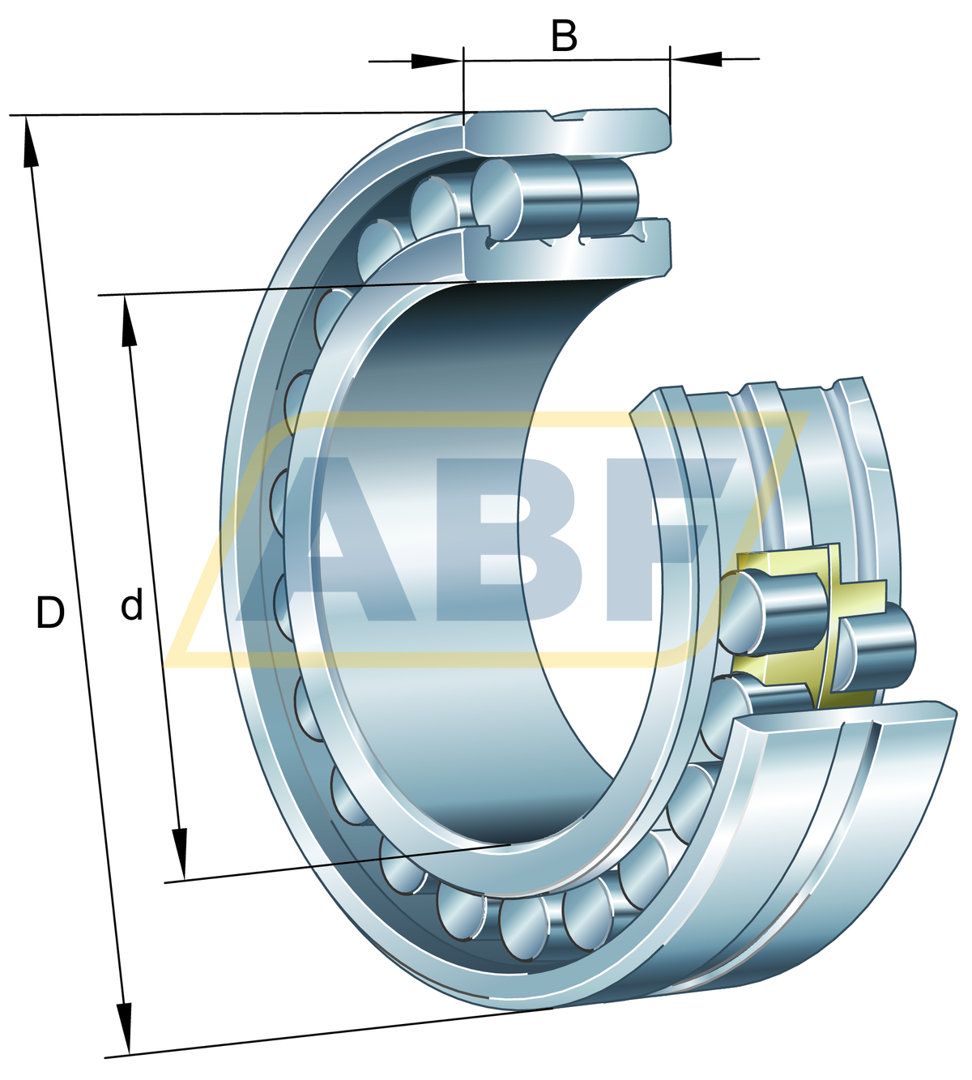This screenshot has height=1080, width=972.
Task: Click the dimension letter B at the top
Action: coord(564,36)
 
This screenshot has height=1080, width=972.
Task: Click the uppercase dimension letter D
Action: coord(50,613)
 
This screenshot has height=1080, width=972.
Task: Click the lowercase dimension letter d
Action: coord(131,604)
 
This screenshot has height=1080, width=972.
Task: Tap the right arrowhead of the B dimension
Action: coord(696,58)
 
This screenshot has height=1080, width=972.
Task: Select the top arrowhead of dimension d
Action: coord(128,322)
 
